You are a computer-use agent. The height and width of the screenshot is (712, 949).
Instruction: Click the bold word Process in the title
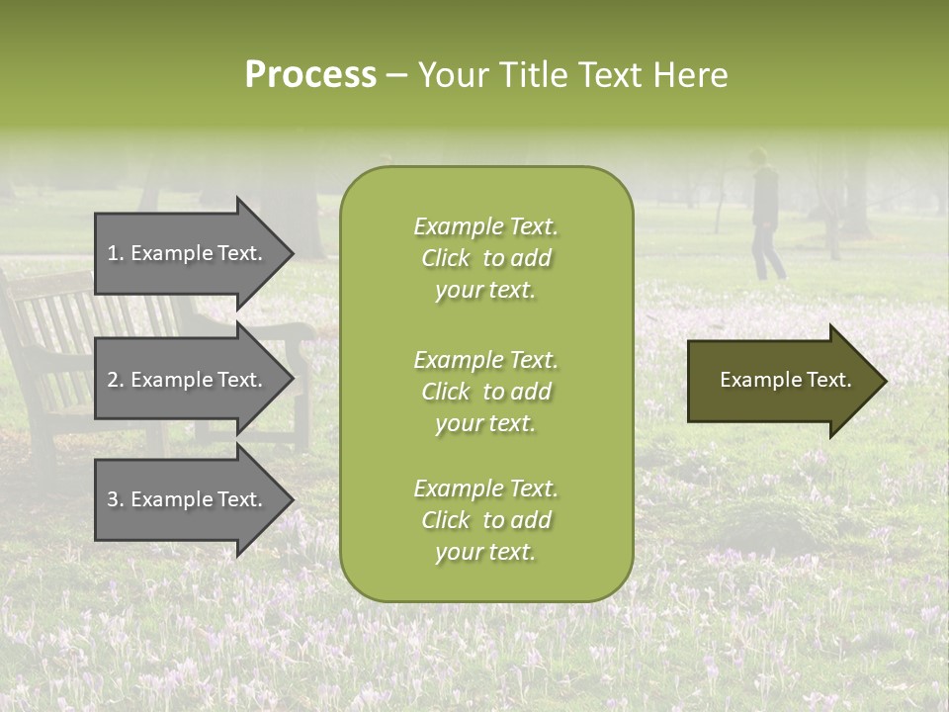[x=310, y=75]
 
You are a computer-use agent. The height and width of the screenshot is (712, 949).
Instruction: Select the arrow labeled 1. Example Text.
[x=188, y=253]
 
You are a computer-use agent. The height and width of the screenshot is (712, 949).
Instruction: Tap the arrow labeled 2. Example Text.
[x=188, y=380]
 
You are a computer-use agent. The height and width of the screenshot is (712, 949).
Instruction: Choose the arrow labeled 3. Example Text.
[x=188, y=499]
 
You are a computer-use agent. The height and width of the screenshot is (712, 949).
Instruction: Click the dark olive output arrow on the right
[x=781, y=380]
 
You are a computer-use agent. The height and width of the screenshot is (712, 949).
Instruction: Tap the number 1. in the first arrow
[x=116, y=253]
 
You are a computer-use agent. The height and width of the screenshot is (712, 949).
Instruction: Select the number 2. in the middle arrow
[x=116, y=380]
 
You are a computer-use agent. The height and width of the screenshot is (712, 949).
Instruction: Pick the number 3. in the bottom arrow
[x=116, y=499]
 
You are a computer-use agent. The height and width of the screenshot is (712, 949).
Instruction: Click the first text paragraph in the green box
[x=485, y=258]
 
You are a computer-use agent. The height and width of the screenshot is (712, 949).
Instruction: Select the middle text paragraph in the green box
[x=485, y=392]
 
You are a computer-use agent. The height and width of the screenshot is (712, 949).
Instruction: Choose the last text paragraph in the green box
[x=485, y=520]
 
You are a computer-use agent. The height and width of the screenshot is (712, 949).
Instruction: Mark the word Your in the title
[x=450, y=75]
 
